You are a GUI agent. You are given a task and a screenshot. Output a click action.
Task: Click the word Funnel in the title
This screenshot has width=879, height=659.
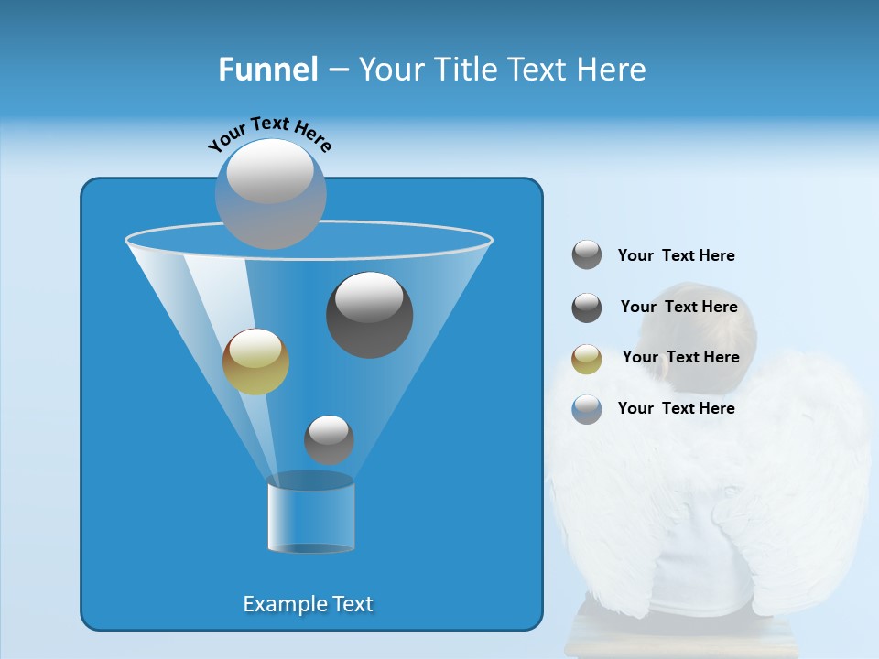tap(268, 70)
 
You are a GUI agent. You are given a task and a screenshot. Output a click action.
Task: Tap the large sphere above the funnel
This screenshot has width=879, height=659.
tap(271, 193)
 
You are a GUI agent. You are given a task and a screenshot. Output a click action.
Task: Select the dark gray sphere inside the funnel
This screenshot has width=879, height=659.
tap(369, 315)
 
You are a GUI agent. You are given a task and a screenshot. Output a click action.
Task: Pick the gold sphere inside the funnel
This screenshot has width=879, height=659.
tap(255, 362)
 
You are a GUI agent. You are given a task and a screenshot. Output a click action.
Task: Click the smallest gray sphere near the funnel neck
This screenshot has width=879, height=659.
tap(329, 439)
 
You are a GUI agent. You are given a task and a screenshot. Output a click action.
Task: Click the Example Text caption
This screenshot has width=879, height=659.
tap(309, 604)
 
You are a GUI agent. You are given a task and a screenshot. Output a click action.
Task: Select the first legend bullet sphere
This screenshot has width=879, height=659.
tap(587, 255)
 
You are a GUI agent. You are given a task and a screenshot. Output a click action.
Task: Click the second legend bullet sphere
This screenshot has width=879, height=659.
tap(587, 308)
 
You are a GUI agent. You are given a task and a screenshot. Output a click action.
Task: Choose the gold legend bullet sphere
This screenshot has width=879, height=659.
tap(587, 359)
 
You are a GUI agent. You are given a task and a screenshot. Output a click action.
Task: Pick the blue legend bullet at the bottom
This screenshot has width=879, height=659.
tap(587, 409)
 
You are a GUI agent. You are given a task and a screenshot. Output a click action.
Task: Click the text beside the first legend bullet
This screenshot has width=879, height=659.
tap(676, 255)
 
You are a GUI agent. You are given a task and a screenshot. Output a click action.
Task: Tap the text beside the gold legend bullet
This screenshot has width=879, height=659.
tap(680, 357)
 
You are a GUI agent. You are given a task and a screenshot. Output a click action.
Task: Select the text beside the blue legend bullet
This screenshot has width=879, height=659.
tap(676, 408)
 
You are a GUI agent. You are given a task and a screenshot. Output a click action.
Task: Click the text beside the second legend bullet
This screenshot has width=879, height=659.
tap(678, 307)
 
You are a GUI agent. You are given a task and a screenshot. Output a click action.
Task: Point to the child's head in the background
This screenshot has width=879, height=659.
tap(698, 329)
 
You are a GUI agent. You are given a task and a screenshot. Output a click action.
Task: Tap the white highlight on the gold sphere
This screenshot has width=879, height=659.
tap(255, 348)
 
